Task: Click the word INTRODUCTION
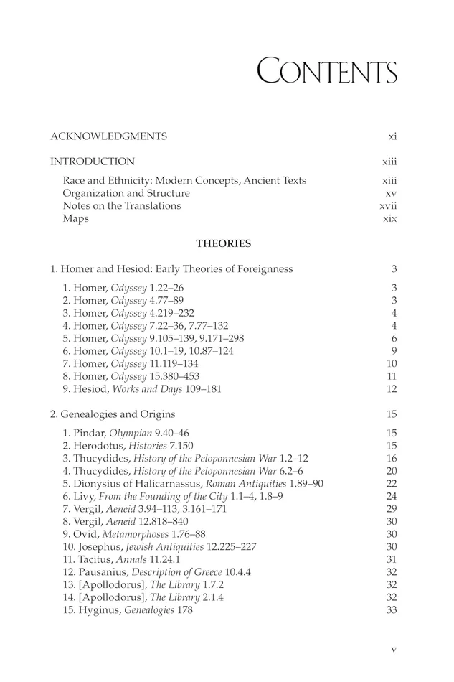click(x=92, y=162)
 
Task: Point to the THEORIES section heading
click(x=224, y=243)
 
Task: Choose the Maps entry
click(x=75, y=218)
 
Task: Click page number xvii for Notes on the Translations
click(x=388, y=206)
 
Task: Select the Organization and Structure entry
click(x=126, y=193)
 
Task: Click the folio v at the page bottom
click(x=394, y=650)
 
